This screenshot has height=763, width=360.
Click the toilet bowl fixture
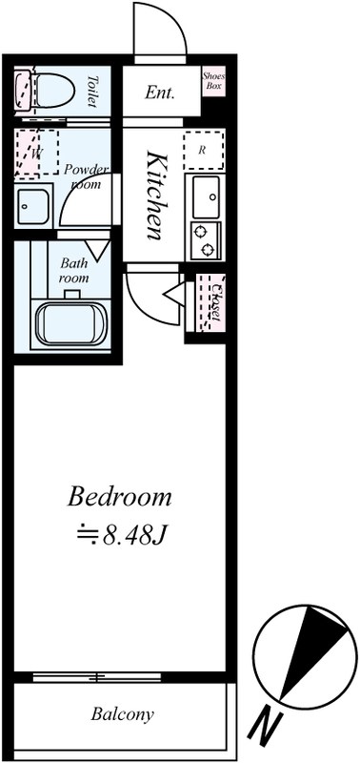tap(45, 90)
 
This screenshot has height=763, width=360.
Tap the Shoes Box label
tap(213, 81)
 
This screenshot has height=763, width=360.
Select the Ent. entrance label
tap(159, 93)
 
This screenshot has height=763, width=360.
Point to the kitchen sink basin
tap(206, 196)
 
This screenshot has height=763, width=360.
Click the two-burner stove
tap(206, 240)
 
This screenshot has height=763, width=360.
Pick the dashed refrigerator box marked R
tap(204, 150)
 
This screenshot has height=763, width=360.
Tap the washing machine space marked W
tap(36, 152)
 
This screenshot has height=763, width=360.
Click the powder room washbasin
tap(33, 206)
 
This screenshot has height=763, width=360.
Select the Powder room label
tap(87, 176)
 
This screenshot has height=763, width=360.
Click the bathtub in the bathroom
tap(70, 324)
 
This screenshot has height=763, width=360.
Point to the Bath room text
tap(74, 271)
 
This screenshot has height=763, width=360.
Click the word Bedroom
tap(119, 497)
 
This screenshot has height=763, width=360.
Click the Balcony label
tap(123, 714)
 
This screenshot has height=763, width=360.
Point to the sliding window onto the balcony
tap(97, 676)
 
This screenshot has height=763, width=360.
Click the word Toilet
tap(92, 92)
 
